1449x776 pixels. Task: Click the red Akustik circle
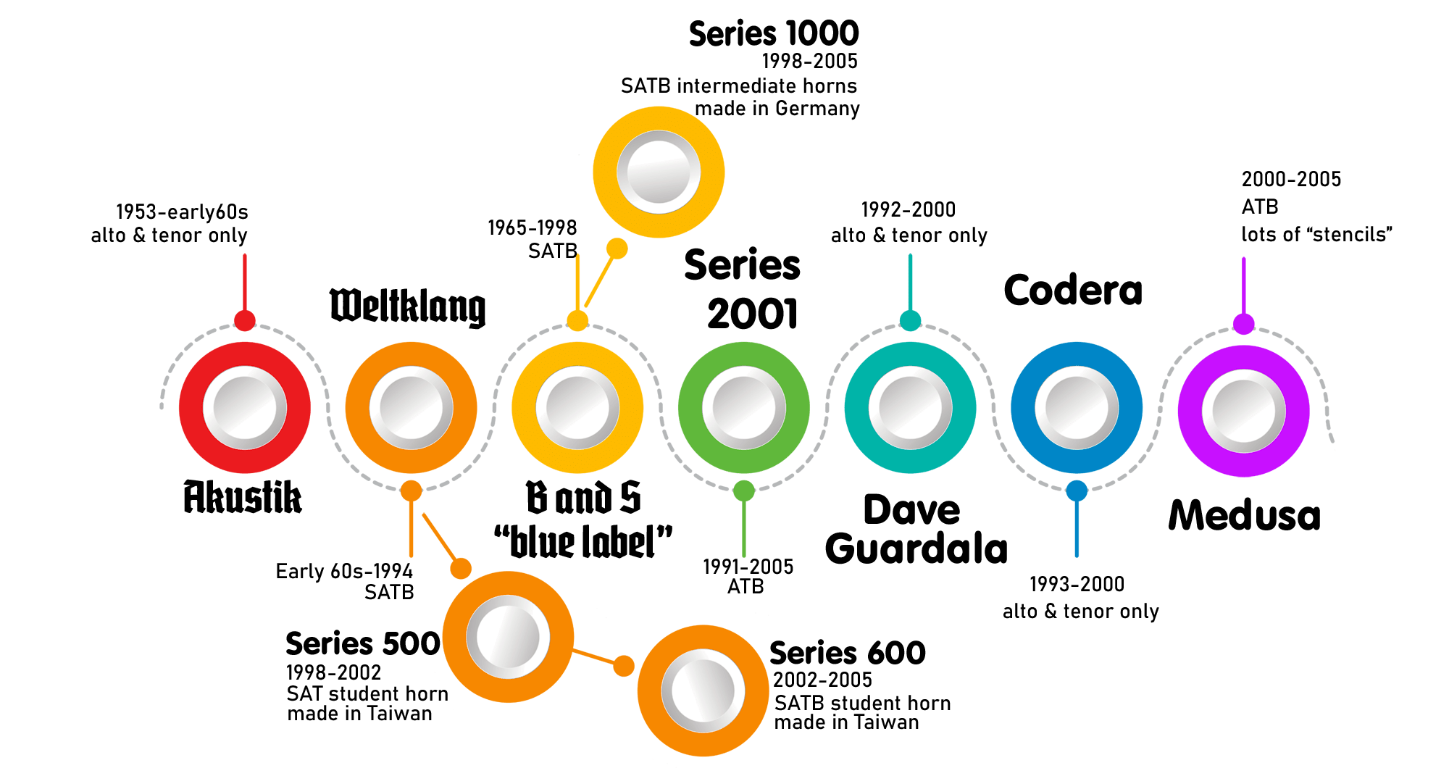(x=245, y=407)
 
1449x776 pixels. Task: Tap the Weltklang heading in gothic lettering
(x=407, y=307)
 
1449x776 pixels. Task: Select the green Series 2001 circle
(x=744, y=407)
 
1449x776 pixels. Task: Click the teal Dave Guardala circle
(x=910, y=407)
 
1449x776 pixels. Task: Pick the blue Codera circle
(x=1077, y=407)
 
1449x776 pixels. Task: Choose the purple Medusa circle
(x=1243, y=411)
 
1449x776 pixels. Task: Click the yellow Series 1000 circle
(x=659, y=172)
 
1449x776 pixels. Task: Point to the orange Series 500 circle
(x=508, y=637)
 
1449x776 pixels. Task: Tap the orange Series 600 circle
(x=703, y=691)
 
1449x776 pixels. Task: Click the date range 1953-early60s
(x=182, y=212)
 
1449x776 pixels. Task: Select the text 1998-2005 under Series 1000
(x=809, y=62)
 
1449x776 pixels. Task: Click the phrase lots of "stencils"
(x=1316, y=235)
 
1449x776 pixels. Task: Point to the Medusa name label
(x=1244, y=516)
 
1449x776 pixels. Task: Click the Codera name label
(x=1073, y=291)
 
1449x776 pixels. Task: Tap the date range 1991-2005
(x=748, y=567)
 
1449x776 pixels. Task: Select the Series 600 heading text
(x=848, y=653)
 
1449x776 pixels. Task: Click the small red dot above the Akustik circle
(x=245, y=320)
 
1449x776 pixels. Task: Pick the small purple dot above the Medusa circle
(x=1243, y=324)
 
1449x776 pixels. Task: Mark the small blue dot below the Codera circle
(x=1077, y=491)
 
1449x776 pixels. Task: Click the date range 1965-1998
(x=533, y=228)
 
